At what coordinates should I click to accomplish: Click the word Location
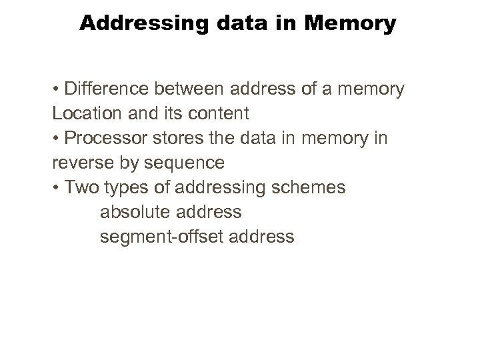click(83, 113)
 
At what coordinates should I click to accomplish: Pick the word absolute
click(134, 213)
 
